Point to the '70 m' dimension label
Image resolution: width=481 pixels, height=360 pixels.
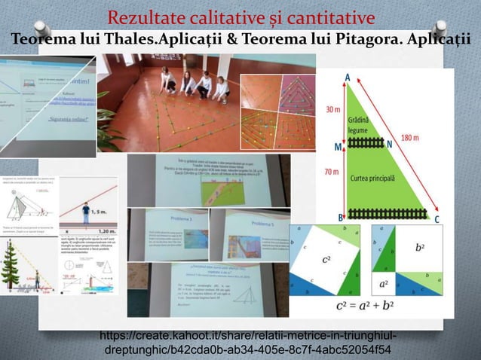pyautogui.click(x=332, y=172)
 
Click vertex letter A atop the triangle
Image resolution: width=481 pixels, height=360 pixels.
pyautogui.click(x=347, y=76)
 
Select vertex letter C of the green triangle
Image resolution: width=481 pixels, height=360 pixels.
pyautogui.click(x=438, y=219)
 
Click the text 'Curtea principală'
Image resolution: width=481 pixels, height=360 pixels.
pyautogui.click(x=375, y=178)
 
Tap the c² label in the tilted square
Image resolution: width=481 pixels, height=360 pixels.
pyautogui.click(x=326, y=261)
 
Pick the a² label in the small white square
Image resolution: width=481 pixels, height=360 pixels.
pyautogui.click(x=384, y=285)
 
